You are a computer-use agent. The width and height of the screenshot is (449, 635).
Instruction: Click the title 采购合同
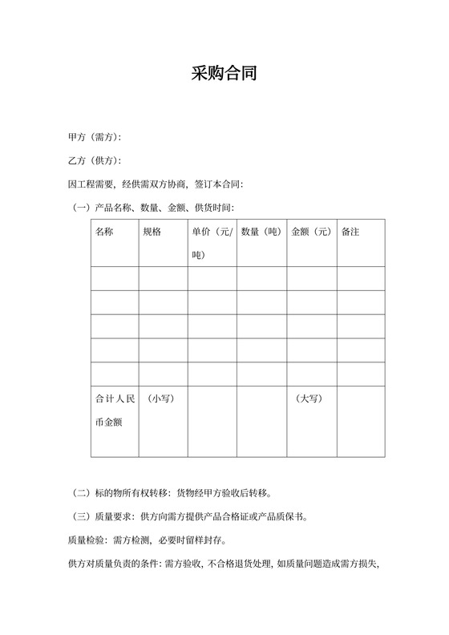click(224, 75)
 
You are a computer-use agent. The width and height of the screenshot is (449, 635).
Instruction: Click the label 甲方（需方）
click(95, 137)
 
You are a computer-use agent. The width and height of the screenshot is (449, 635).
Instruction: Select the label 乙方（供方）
click(95, 160)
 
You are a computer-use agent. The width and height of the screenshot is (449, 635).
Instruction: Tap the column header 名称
click(104, 232)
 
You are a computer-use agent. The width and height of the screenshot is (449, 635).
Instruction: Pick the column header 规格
click(152, 232)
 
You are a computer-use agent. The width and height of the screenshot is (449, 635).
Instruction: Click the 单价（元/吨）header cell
click(212, 243)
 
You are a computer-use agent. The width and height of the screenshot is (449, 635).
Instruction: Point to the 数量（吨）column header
click(261, 232)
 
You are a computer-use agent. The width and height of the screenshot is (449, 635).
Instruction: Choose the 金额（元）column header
click(311, 232)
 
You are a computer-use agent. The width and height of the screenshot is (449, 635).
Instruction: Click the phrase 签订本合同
click(217, 184)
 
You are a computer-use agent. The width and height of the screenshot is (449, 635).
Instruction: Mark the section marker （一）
click(81, 208)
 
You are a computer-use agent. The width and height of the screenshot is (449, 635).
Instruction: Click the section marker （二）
click(81, 493)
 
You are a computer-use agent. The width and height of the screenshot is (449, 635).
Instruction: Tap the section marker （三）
click(81, 516)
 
